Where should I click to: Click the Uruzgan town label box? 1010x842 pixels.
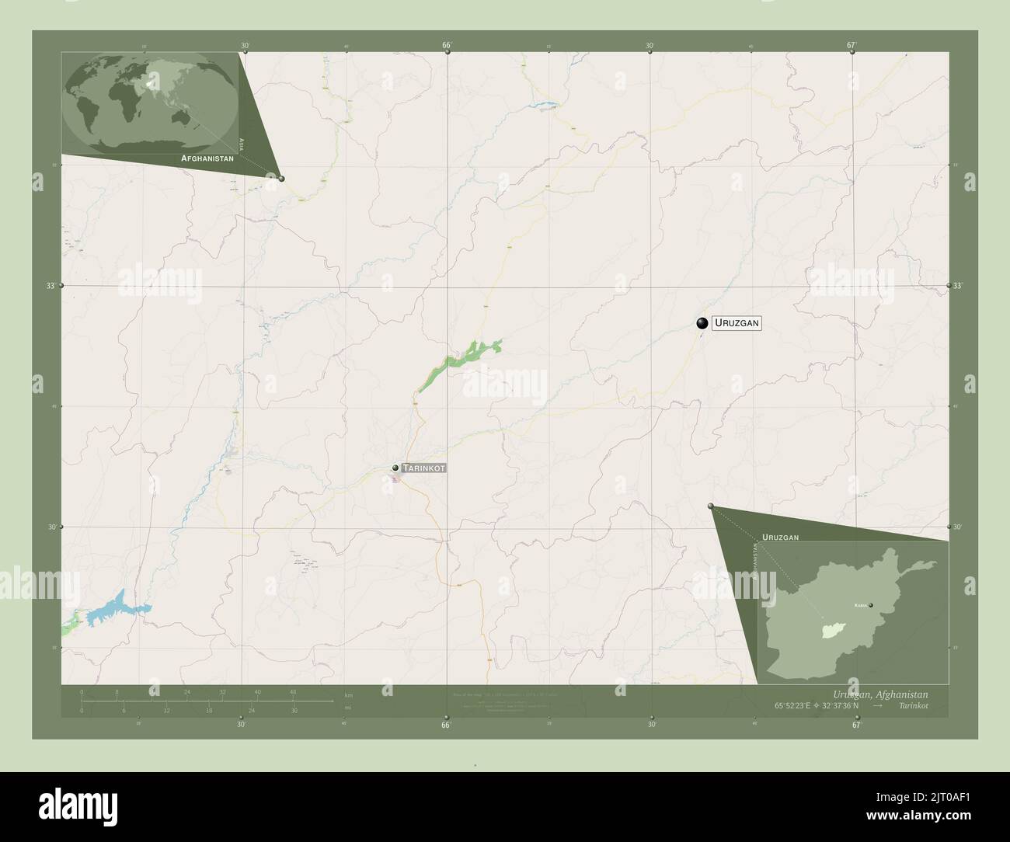[737, 323]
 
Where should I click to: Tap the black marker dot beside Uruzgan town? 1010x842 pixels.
[702, 323]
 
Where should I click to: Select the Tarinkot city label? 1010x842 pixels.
[424, 468]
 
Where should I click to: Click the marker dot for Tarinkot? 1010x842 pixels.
[395, 468]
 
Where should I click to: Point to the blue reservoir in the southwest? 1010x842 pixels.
[117, 607]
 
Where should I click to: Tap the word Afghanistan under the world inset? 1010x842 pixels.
[207, 158]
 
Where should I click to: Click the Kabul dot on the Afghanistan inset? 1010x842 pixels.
[871, 605]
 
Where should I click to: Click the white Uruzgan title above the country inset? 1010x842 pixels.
[780, 537]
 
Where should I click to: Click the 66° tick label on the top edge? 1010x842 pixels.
[447, 46]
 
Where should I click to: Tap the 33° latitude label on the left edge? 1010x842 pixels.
[50, 286]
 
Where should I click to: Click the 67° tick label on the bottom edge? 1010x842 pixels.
[855, 725]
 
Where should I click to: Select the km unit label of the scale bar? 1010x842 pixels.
[349, 695]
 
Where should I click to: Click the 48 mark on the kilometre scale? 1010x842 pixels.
[293, 691]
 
